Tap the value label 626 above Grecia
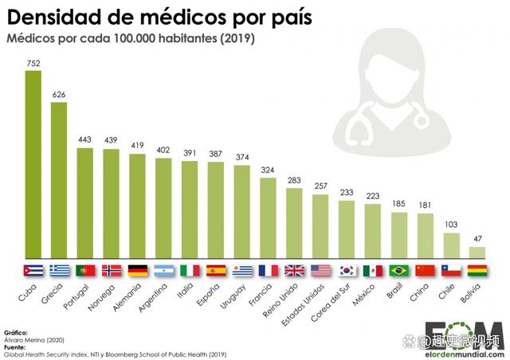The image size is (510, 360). [59, 95]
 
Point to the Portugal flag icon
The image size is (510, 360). [85, 270]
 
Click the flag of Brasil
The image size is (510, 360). [398, 270]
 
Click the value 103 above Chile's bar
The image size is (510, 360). [451, 225]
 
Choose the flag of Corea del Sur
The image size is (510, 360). [347, 270]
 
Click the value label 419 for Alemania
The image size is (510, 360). [138, 147]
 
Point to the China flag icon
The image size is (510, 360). [425, 270]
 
